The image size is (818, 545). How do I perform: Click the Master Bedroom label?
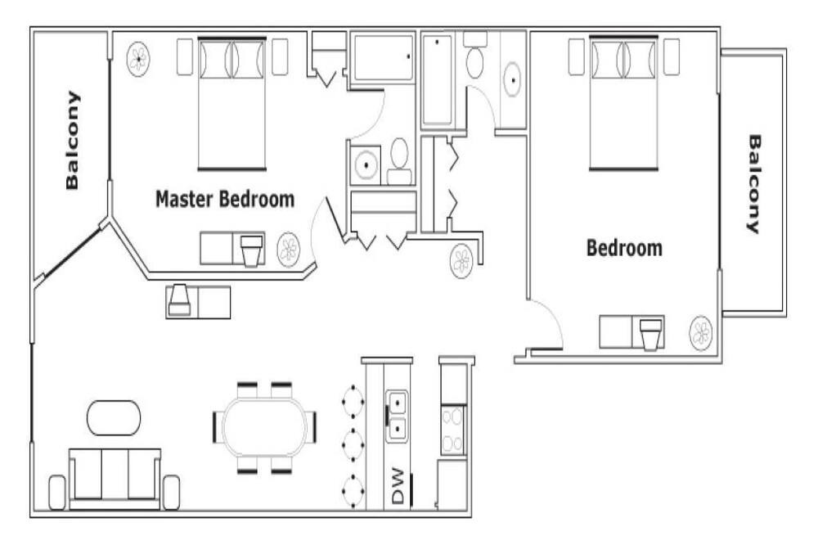click(x=225, y=200)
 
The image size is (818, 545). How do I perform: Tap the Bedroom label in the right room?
click(x=624, y=248)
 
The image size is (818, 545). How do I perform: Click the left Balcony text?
click(x=72, y=140)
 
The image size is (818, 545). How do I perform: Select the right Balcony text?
click(x=754, y=184)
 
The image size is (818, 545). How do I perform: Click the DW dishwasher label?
click(x=398, y=486)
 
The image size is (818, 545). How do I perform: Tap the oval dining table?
click(x=264, y=427)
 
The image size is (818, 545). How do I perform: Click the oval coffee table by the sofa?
click(x=113, y=418)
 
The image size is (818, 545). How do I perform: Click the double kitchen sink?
click(x=398, y=417)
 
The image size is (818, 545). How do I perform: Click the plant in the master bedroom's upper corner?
click(x=139, y=58)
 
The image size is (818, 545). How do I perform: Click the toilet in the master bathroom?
click(x=400, y=161)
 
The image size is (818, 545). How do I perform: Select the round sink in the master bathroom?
click(x=366, y=165)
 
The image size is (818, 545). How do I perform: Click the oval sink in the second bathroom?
click(x=514, y=80)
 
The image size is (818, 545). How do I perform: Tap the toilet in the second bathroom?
click(x=474, y=55)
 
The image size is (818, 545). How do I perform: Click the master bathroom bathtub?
click(x=383, y=57)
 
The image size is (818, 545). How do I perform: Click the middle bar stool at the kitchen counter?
click(x=353, y=445)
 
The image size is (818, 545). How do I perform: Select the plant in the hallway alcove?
click(x=461, y=261)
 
